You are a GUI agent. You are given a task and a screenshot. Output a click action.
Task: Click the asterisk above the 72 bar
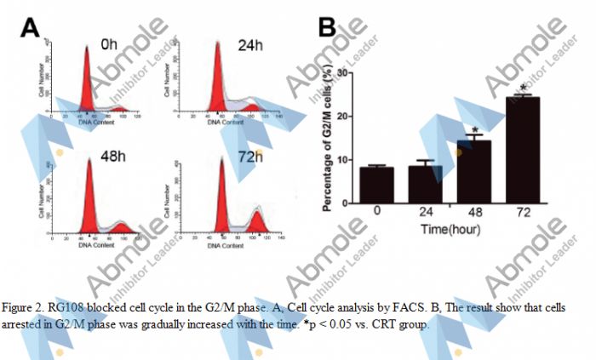[x=523, y=88]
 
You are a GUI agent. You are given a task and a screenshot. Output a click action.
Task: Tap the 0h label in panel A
[x=108, y=43]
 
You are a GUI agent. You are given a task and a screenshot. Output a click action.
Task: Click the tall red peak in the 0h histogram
[x=86, y=85]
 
